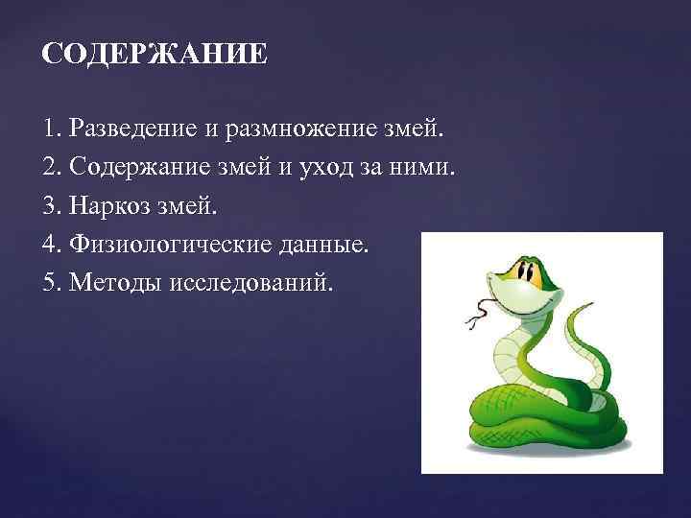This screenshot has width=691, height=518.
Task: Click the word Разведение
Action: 121,128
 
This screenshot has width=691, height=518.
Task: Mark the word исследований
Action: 250,285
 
